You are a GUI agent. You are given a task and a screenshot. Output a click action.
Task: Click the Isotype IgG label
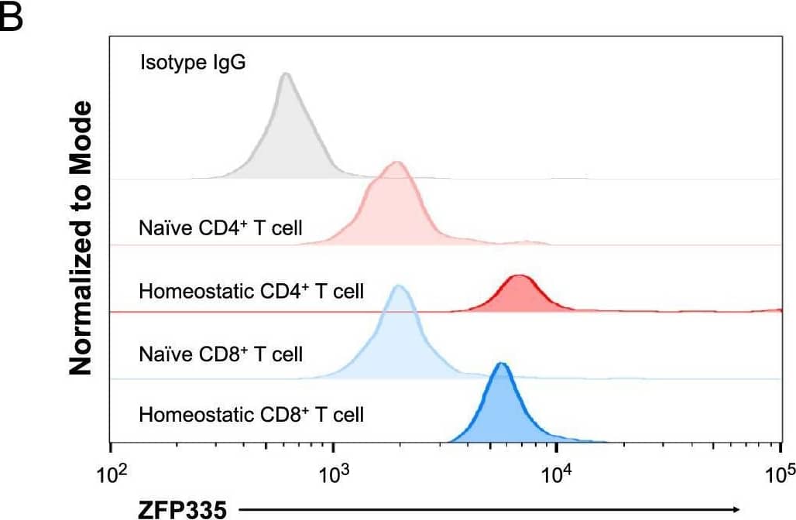pyautogui.click(x=193, y=62)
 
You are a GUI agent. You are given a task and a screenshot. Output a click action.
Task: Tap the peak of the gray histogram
pyautogui.click(x=286, y=74)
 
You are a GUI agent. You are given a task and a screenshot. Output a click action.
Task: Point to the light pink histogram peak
pyautogui.click(x=397, y=163)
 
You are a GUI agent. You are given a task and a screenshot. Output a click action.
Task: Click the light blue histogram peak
pyautogui.click(x=399, y=287)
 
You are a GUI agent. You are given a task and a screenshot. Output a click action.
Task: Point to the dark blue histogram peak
pyautogui.click(x=502, y=364)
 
